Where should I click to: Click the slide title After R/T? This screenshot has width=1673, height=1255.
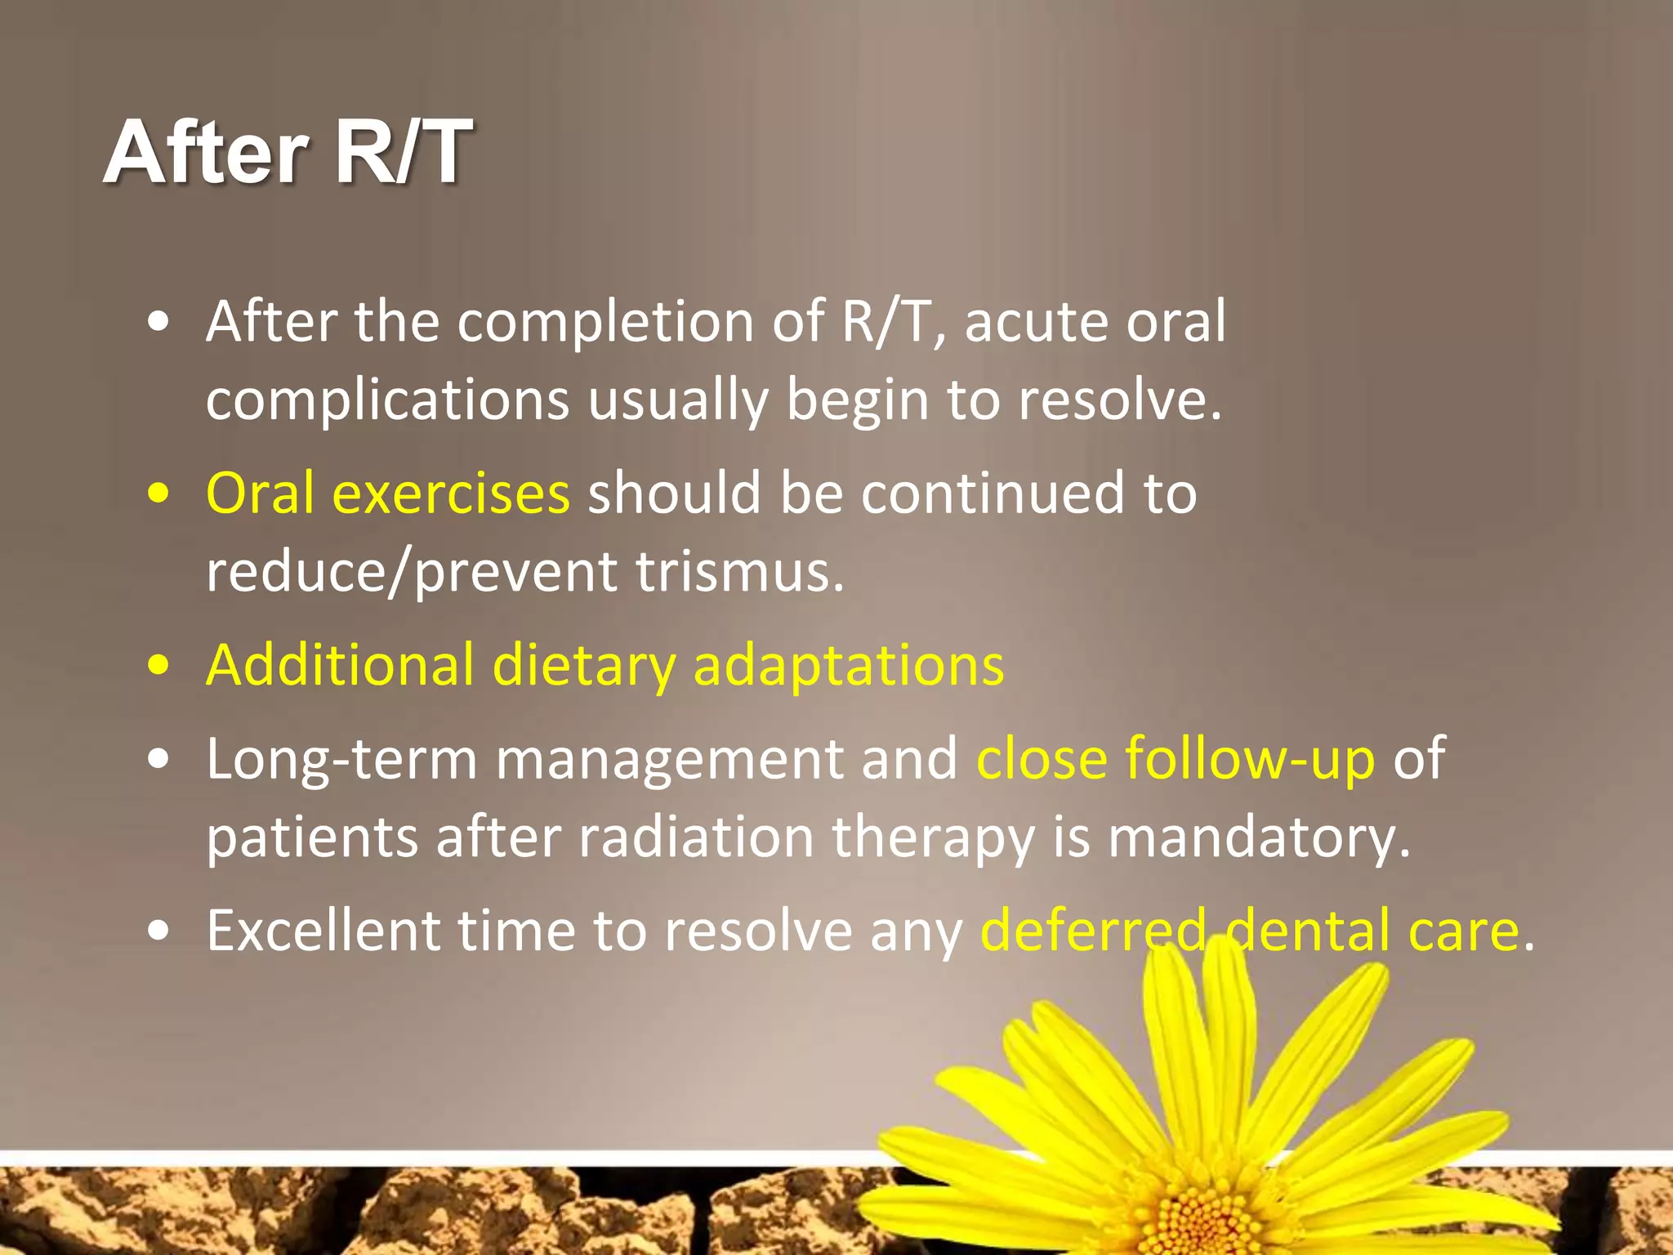288,152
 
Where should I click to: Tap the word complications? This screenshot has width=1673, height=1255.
387,400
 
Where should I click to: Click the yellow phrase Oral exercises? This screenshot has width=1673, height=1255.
387,494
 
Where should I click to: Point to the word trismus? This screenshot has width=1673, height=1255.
739,572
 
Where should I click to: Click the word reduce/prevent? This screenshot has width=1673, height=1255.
411,572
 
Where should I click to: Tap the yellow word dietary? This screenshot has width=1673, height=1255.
583,665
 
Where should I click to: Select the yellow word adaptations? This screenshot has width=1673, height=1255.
848,665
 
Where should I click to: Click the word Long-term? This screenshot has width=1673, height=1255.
341,759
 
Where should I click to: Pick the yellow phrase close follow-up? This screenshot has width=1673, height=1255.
1176,759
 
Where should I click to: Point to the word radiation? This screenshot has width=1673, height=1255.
696,837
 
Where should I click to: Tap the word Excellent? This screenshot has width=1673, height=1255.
323,931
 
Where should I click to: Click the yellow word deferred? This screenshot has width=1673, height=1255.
1093,931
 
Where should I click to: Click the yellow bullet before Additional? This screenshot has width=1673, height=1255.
159,665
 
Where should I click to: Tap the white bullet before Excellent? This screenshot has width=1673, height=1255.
159,931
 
